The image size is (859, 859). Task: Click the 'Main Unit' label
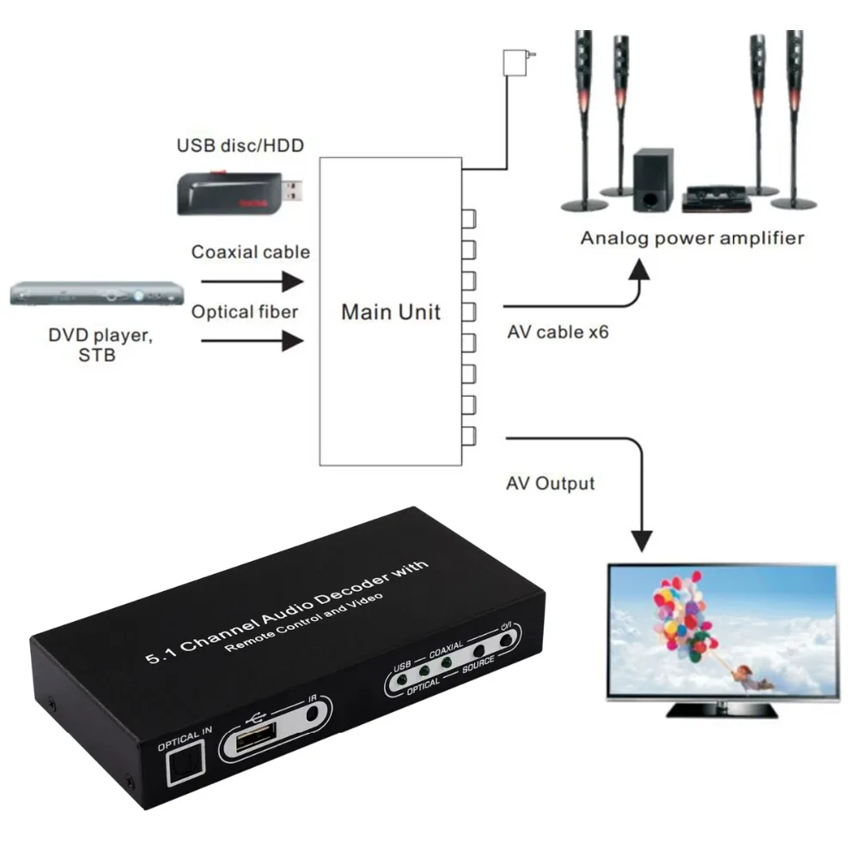(x=391, y=312)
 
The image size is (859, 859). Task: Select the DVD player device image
(x=98, y=295)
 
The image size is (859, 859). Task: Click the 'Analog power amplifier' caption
(x=692, y=238)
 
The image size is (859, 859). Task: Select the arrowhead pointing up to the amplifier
(x=640, y=267)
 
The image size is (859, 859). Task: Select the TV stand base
(x=722, y=710)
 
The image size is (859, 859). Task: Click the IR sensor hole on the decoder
(x=320, y=711)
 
